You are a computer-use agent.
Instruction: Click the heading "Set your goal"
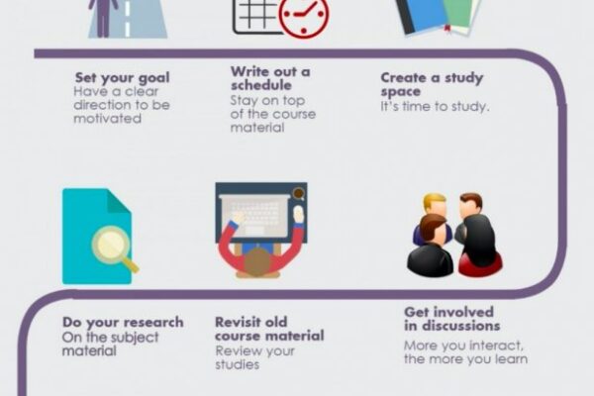pos(122,77)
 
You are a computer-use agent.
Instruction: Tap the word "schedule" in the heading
pos(261,85)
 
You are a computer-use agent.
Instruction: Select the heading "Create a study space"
pos(432,84)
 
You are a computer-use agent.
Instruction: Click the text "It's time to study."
pos(435,107)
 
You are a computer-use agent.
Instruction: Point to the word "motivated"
pos(107,119)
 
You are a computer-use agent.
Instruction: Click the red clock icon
pos(304,15)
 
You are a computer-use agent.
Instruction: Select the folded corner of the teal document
pos(119,201)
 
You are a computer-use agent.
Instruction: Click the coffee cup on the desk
pos(299,193)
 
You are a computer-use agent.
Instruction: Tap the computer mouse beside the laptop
pos(299,215)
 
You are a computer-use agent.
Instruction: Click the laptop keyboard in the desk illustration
pos(256,215)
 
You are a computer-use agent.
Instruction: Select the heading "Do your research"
pos(123,323)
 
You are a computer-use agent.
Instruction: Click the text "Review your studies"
pos(254,357)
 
